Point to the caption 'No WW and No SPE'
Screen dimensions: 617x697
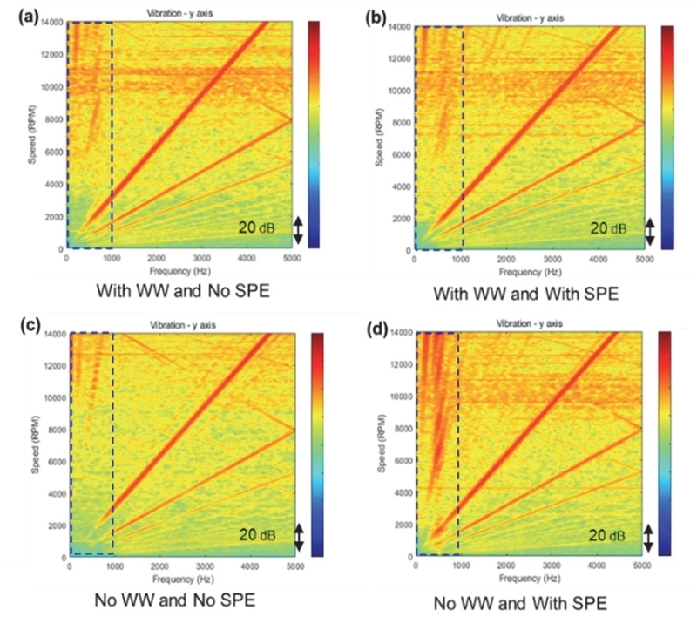point(178,600)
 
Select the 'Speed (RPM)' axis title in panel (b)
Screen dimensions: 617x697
point(380,138)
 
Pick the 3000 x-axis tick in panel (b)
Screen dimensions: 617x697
point(552,260)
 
